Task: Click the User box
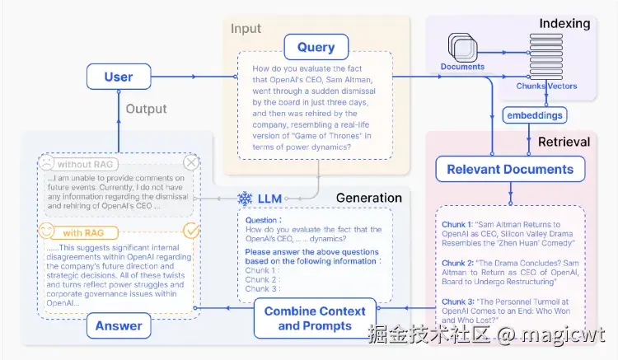(119, 77)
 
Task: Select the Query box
(316, 47)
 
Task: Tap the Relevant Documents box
(510, 170)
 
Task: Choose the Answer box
(119, 325)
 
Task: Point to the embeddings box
(535, 115)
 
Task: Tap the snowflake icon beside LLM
(245, 199)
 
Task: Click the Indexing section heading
(564, 23)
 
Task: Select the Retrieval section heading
(564, 142)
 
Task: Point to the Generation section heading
(368, 198)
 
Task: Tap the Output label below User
(146, 109)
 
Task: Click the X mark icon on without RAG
(191, 163)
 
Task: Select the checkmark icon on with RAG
(191, 230)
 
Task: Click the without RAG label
(86, 163)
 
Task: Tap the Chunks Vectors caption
(546, 86)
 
